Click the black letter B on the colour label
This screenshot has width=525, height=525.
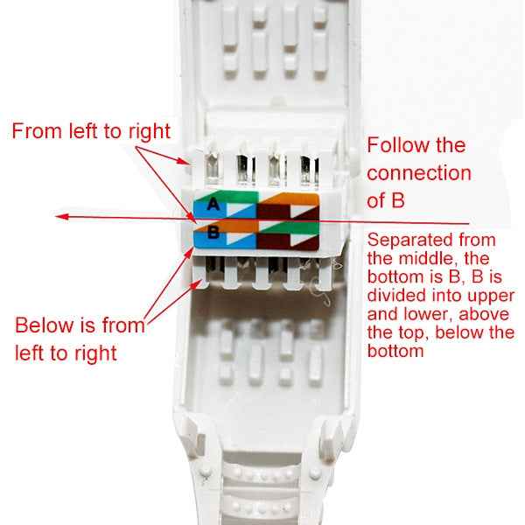(213, 234)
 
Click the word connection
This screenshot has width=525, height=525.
(418, 172)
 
